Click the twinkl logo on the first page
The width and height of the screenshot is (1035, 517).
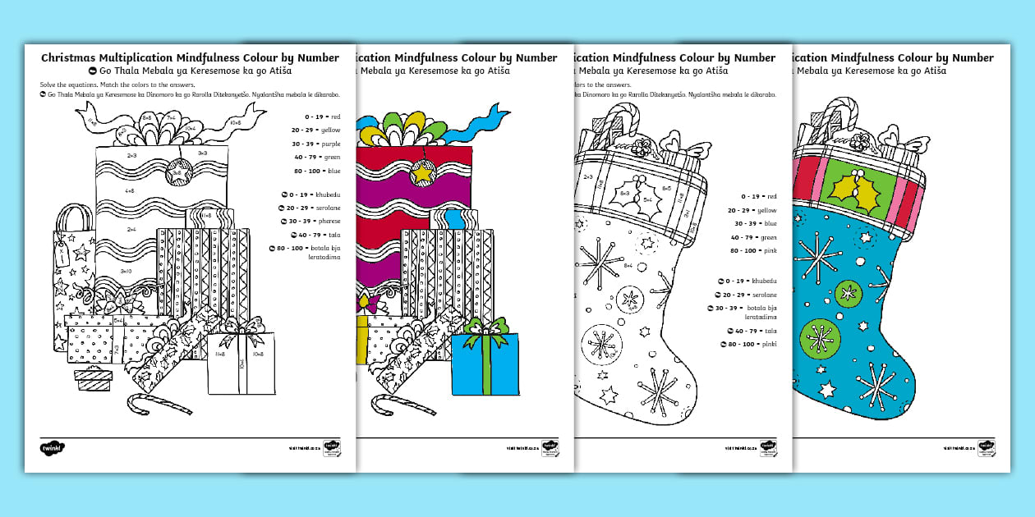pos(52,449)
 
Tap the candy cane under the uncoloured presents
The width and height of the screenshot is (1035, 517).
pos(159,403)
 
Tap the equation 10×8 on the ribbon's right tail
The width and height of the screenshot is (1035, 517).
pos(235,123)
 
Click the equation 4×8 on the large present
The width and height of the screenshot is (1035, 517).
pos(130,190)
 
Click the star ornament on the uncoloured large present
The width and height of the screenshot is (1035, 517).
pos(179,173)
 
